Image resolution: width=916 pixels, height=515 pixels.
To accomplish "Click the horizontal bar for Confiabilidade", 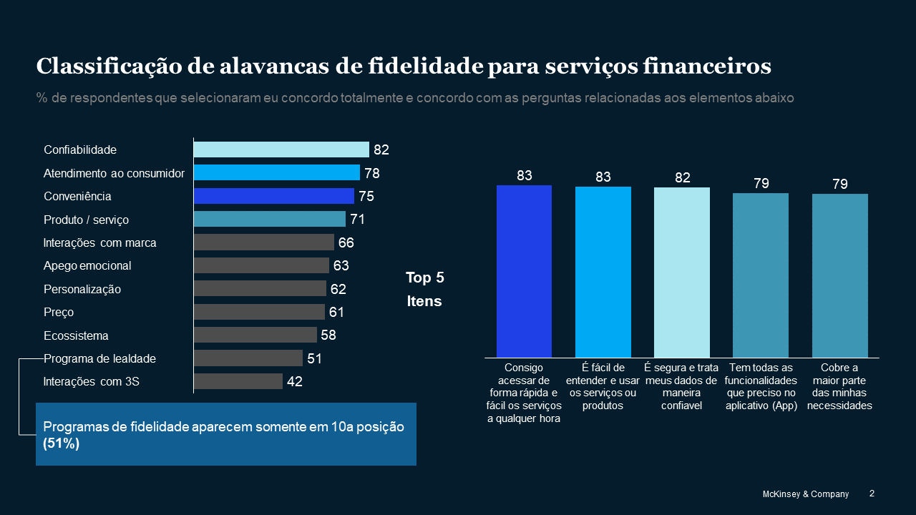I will (x=281, y=149).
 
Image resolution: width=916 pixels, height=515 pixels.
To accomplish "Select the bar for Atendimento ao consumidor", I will (x=276, y=172).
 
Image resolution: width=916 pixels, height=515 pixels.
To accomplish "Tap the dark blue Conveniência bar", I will (x=273, y=196).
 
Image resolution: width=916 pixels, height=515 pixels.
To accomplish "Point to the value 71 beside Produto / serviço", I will (x=358, y=220).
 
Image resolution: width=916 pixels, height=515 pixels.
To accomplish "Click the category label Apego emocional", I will (x=87, y=266).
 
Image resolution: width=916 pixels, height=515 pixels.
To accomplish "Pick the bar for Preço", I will (x=259, y=312).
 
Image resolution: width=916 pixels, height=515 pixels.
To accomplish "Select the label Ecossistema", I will (x=76, y=335).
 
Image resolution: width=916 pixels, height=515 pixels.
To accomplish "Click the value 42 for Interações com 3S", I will (x=295, y=382).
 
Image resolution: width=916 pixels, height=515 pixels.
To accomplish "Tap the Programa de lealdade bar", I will (x=248, y=358).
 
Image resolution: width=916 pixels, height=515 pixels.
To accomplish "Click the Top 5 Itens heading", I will (x=424, y=289).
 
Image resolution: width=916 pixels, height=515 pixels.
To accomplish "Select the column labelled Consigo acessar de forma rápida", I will (x=524, y=271).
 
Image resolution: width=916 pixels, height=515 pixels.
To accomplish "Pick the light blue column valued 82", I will (x=682, y=272).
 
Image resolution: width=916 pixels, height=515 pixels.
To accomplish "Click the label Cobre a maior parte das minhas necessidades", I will (x=839, y=386).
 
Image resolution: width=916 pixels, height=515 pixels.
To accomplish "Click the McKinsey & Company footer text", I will (x=805, y=494).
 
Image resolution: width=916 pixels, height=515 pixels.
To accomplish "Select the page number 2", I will (x=872, y=494).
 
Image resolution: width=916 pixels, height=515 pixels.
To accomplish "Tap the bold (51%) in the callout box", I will (x=62, y=443).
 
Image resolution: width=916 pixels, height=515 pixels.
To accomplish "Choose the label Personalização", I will (x=82, y=289).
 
